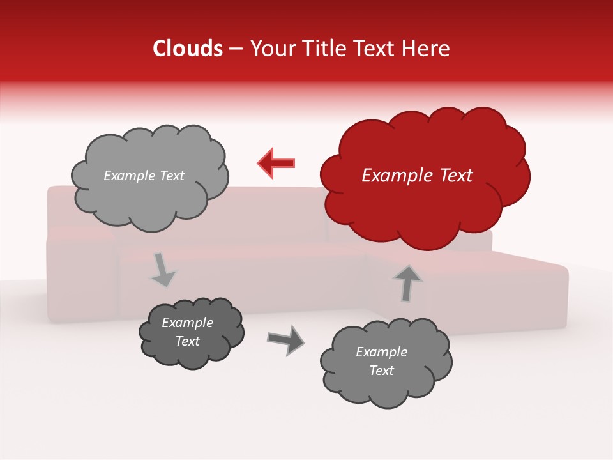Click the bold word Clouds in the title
point(188,49)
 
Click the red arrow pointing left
point(276,163)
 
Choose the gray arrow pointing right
point(286,339)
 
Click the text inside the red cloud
point(417,176)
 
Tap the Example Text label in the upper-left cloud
point(144,176)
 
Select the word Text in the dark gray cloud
point(187,341)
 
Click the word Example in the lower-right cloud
point(381,352)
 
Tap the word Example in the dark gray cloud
point(187,323)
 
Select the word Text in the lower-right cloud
point(381,371)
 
